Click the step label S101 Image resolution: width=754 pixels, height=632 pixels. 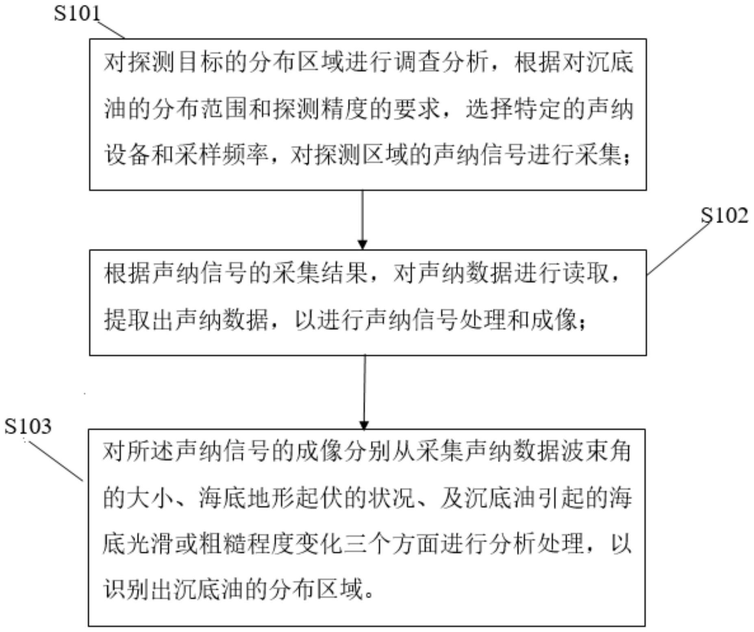click(x=77, y=13)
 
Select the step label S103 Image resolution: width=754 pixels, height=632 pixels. click(x=28, y=426)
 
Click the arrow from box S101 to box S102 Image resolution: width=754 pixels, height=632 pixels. click(x=363, y=219)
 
